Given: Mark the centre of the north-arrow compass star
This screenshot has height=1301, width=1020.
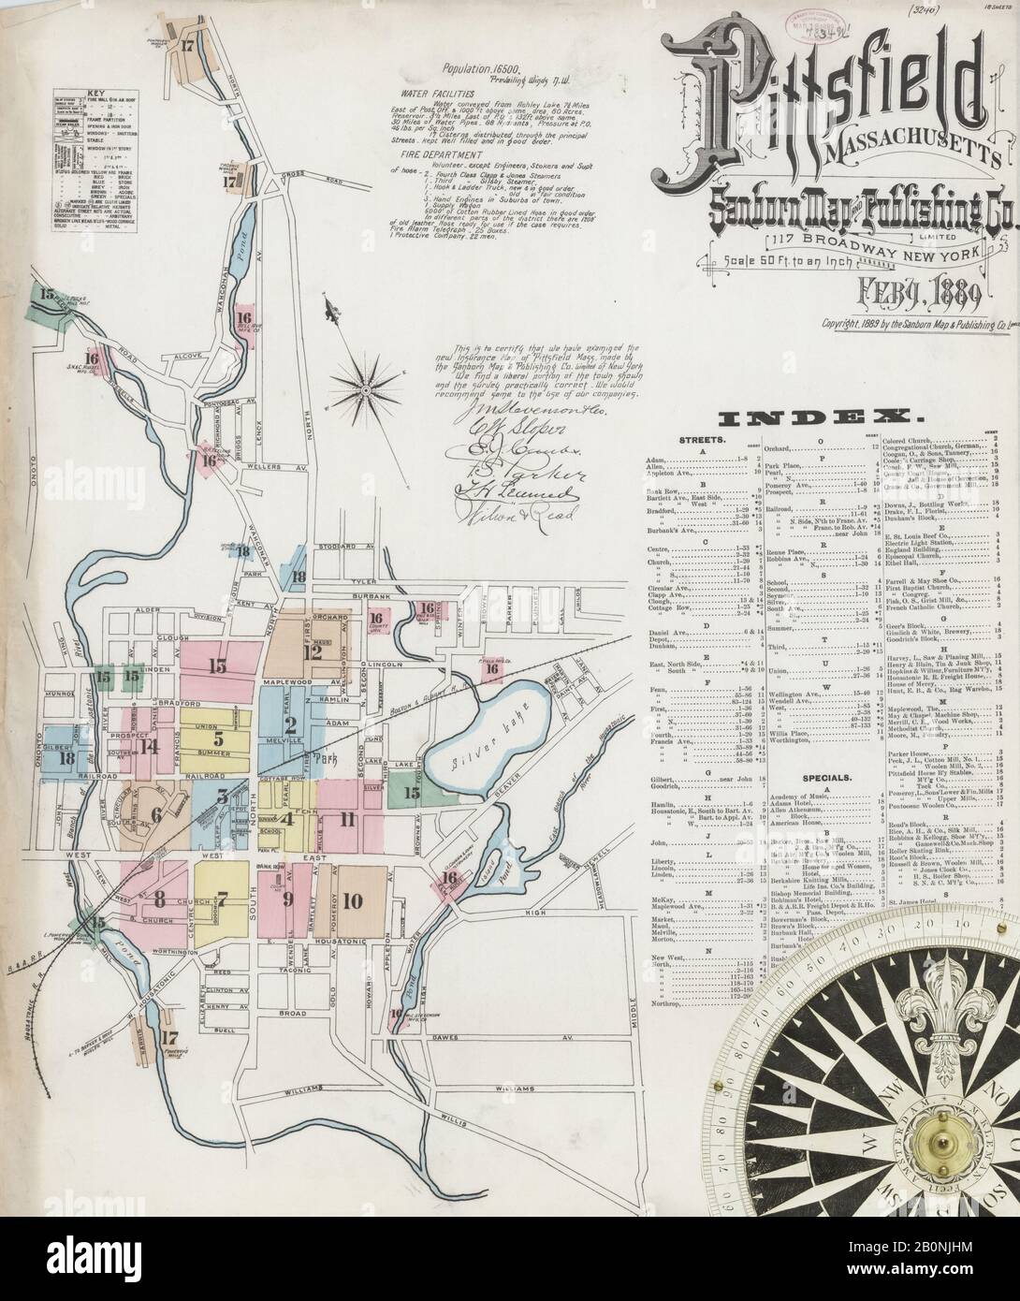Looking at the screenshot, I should click(366, 384).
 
